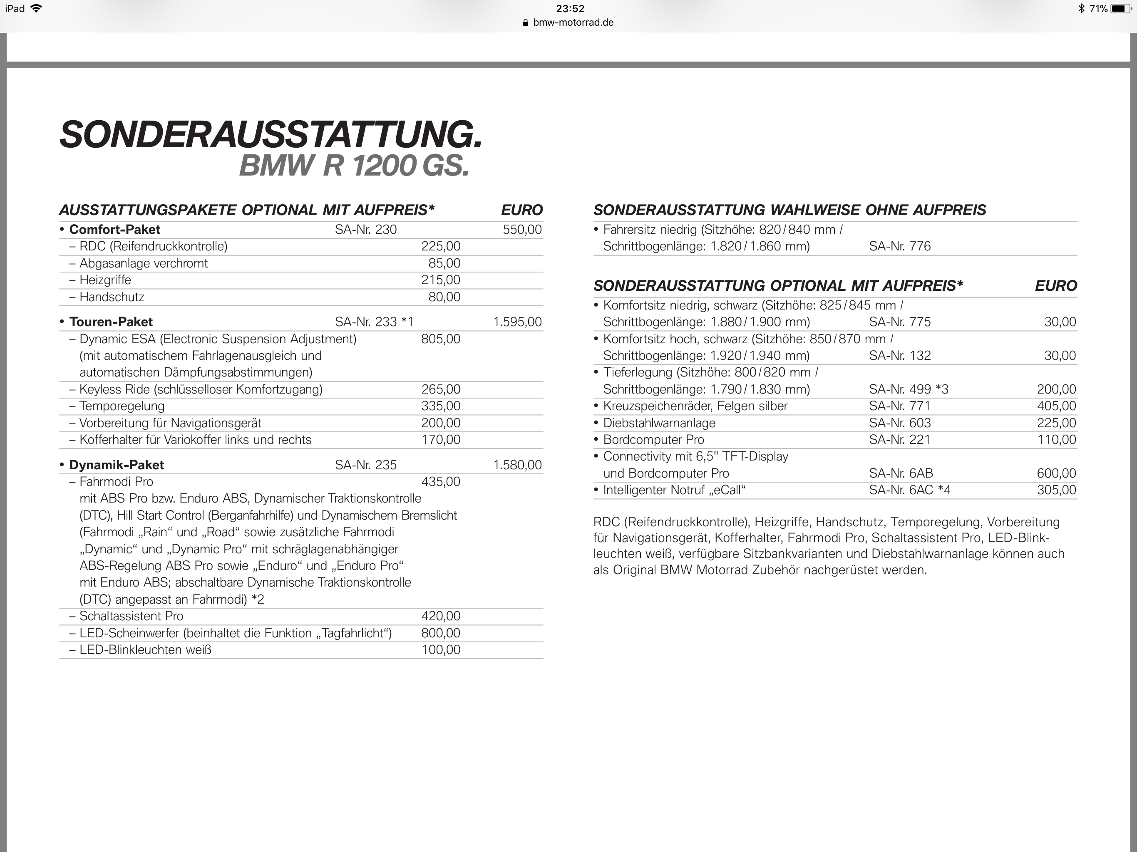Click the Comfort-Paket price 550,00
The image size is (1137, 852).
point(522,230)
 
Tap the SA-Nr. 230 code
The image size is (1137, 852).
point(365,230)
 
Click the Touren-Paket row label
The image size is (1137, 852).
point(111,322)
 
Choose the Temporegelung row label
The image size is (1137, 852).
point(122,406)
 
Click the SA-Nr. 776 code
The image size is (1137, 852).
point(899,246)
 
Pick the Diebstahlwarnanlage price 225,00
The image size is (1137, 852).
point(1056,423)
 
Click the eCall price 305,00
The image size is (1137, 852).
point(1056,490)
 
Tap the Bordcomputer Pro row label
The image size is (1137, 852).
point(653,440)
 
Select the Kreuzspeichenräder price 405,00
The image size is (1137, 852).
point(1056,406)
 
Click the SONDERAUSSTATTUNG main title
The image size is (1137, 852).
point(271,135)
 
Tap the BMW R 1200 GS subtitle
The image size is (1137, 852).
point(354,166)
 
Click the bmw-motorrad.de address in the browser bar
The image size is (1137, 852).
point(573,22)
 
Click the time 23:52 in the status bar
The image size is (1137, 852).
point(570,9)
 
